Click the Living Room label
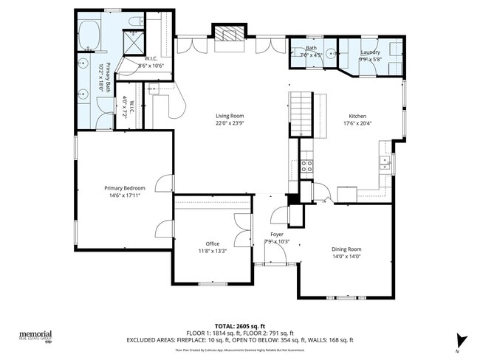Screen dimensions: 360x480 tap(230, 116)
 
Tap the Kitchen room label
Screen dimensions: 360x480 tap(357, 117)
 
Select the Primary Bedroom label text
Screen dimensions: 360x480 tap(124, 188)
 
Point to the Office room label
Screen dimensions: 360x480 tap(213, 243)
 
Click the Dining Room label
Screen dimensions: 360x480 tap(346, 249)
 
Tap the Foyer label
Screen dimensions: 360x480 tap(277, 234)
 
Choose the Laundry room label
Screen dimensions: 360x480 tap(370, 52)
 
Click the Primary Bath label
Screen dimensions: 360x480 tap(108, 77)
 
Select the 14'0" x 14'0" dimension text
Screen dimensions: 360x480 tap(346, 257)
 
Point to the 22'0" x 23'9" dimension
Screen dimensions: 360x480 tap(230, 123)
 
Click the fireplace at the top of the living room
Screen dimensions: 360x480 tap(227, 33)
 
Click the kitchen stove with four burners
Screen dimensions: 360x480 tap(306, 165)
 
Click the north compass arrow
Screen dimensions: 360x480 tap(462, 340)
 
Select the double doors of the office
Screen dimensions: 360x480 tap(242, 230)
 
